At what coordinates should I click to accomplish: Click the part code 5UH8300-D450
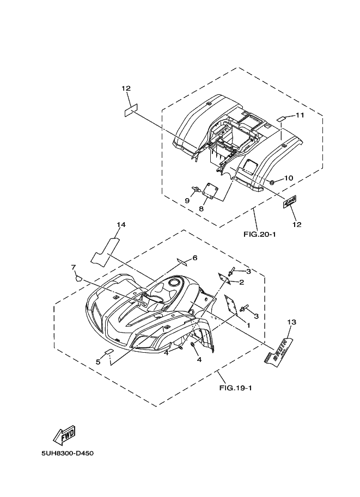(67, 453)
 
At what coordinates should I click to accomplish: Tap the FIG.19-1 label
(235, 388)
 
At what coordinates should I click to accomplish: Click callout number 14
(121, 224)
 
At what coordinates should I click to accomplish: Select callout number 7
(72, 267)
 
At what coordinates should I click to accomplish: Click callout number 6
(195, 257)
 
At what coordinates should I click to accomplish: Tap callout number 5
(99, 361)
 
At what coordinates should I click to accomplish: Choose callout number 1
(248, 324)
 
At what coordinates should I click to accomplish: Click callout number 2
(241, 282)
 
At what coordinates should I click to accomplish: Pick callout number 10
(289, 178)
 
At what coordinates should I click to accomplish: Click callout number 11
(300, 115)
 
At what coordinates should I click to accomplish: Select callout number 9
(187, 201)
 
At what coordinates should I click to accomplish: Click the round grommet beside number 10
(272, 181)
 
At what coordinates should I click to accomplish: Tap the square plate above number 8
(210, 190)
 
